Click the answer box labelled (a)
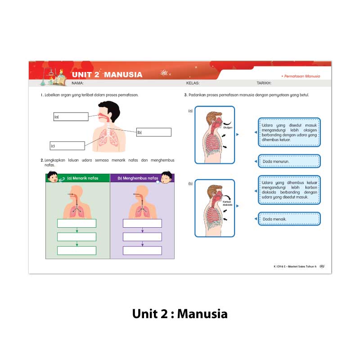[71, 117]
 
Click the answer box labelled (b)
[153, 132]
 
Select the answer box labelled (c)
[67, 146]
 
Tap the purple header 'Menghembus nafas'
[138, 178]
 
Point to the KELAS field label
[193, 83]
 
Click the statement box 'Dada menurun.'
[290, 161]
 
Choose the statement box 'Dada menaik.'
[290, 219]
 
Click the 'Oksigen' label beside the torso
[227, 127]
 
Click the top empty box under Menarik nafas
[76, 223]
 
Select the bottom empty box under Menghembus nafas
[142, 251]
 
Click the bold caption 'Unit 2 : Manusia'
[180, 314]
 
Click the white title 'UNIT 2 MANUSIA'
[107, 75]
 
